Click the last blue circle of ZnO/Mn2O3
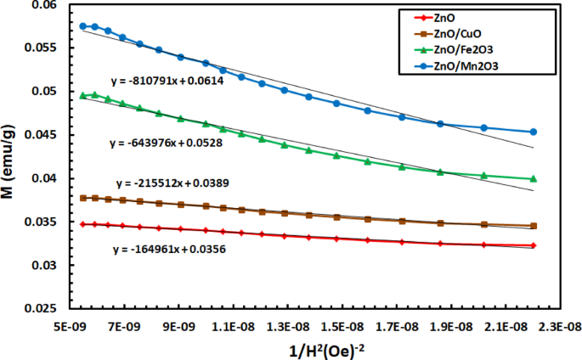coord(533,132)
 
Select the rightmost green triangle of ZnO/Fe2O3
coord(533,178)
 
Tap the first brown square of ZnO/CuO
coord(82,198)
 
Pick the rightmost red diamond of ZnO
coord(533,245)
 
